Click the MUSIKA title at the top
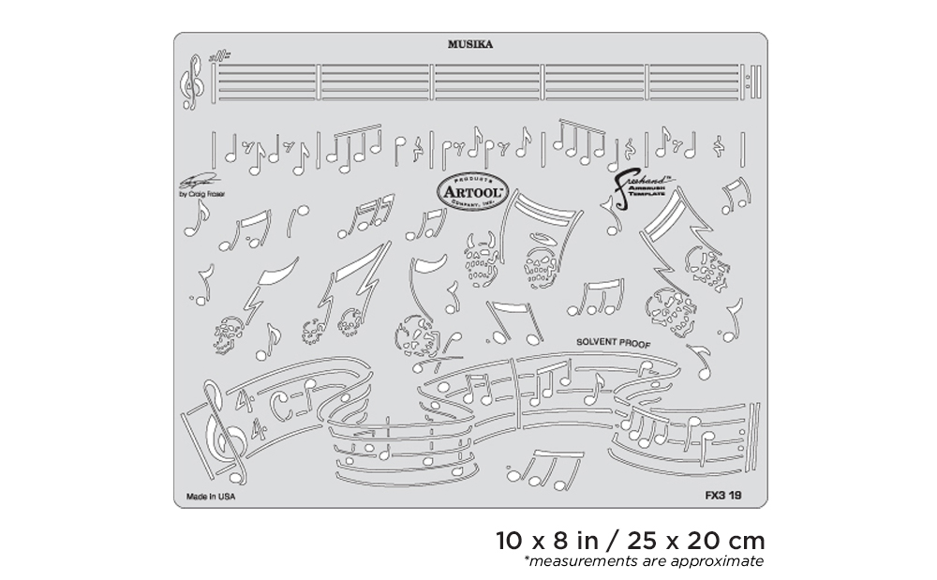[x=470, y=43]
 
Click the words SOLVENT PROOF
[x=614, y=343]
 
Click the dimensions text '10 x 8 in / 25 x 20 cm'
[x=631, y=541]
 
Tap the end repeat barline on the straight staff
[x=754, y=82]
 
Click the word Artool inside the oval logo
[x=472, y=190]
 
